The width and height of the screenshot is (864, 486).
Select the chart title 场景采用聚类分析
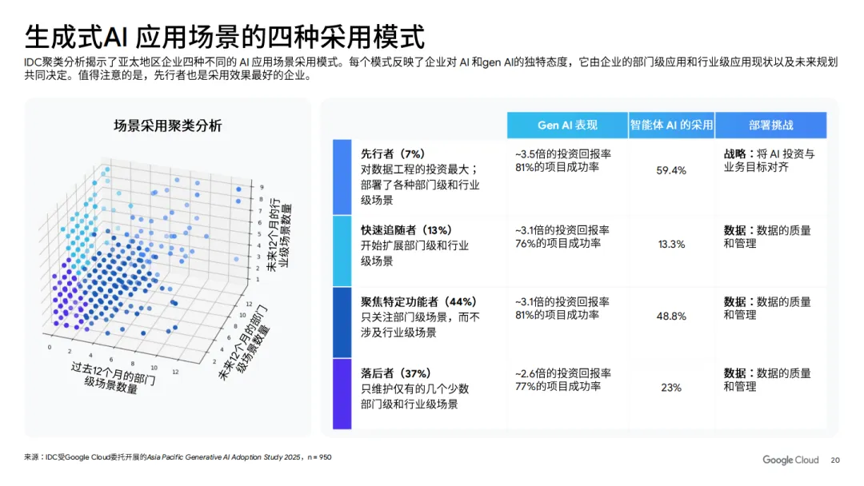coord(168,125)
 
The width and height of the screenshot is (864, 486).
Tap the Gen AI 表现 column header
coord(566,125)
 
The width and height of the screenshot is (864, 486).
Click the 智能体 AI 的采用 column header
coord(670,125)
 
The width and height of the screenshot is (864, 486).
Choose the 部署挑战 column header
coord(771,125)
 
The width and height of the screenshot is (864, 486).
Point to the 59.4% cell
coord(671,170)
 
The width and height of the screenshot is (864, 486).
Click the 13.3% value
coord(671,244)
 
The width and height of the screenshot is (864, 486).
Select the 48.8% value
coord(671,316)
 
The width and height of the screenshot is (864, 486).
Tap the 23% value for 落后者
coord(671,388)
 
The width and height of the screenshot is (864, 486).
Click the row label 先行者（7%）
coord(392,153)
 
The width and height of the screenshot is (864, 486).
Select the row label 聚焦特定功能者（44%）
coord(418,301)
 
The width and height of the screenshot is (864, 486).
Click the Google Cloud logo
coord(790,460)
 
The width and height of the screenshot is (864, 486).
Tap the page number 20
coord(836,460)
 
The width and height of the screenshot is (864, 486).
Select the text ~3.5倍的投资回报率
coord(562,153)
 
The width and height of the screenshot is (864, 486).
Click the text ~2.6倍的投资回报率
coord(563,373)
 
